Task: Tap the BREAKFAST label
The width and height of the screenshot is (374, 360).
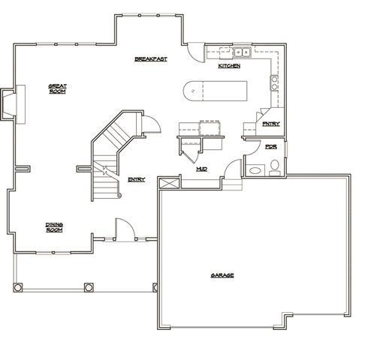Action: click(x=150, y=58)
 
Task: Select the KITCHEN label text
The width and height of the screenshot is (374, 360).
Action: click(x=229, y=67)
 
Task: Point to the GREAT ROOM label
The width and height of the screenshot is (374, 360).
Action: click(x=57, y=88)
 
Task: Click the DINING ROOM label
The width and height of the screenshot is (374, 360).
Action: click(x=53, y=227)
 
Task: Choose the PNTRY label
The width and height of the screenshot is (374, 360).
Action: click(x=270, y=124)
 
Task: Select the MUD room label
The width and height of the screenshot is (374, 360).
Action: click(x=201, y=169)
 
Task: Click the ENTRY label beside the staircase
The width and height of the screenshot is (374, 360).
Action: click(x=137, y=178)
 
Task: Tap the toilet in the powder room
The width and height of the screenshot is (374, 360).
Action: click(x=275, y=166)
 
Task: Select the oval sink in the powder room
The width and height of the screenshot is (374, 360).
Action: click(x=255, y=170)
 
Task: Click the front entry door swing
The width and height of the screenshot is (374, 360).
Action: click(x=124, y=229)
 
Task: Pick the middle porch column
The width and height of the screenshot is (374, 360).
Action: click(x=89, y=286)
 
